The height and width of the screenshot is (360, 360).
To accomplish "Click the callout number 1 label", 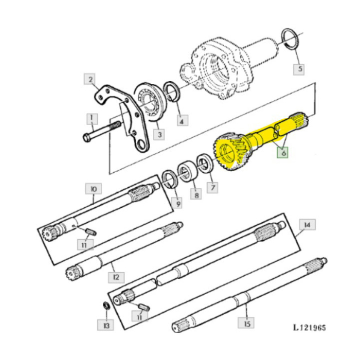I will tap(92, 119).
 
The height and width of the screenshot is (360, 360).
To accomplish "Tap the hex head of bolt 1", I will tap(86, 137).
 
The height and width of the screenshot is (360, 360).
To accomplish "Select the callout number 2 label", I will tap(91, 80).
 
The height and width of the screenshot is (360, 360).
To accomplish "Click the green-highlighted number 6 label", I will tap(282, 152).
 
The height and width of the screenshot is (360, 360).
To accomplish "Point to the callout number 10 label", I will tap(93, 189).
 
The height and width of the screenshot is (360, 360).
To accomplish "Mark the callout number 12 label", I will tap(115, 277).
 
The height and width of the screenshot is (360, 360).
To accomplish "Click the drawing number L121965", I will tap(309, 328).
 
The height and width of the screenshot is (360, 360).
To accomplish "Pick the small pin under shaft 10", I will tap(90, 231).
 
